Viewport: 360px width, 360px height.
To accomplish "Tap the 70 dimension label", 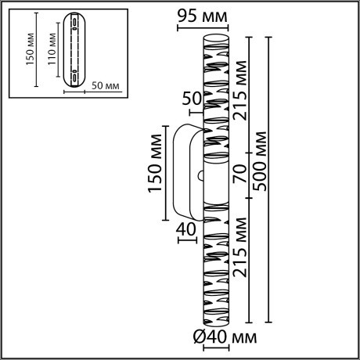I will point(240,171).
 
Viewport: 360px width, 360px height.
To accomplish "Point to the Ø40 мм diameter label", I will point(225,337).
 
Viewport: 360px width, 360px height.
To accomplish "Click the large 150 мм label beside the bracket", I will point(154,169).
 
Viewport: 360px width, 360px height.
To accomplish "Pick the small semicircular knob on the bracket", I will point(202,176).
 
